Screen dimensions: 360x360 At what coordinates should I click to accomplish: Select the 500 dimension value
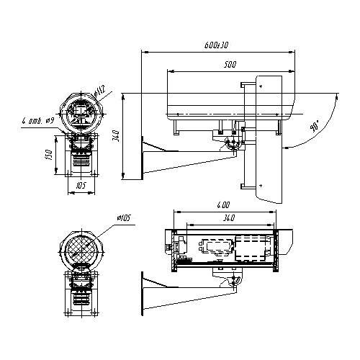[229, 65]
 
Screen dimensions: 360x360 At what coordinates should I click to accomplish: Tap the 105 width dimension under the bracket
[81, 185]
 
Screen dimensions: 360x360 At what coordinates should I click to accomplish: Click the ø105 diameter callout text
[122, 217]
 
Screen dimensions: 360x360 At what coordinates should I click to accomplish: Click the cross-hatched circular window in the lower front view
[81, 248]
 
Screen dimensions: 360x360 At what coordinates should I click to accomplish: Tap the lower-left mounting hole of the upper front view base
[71, 174]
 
